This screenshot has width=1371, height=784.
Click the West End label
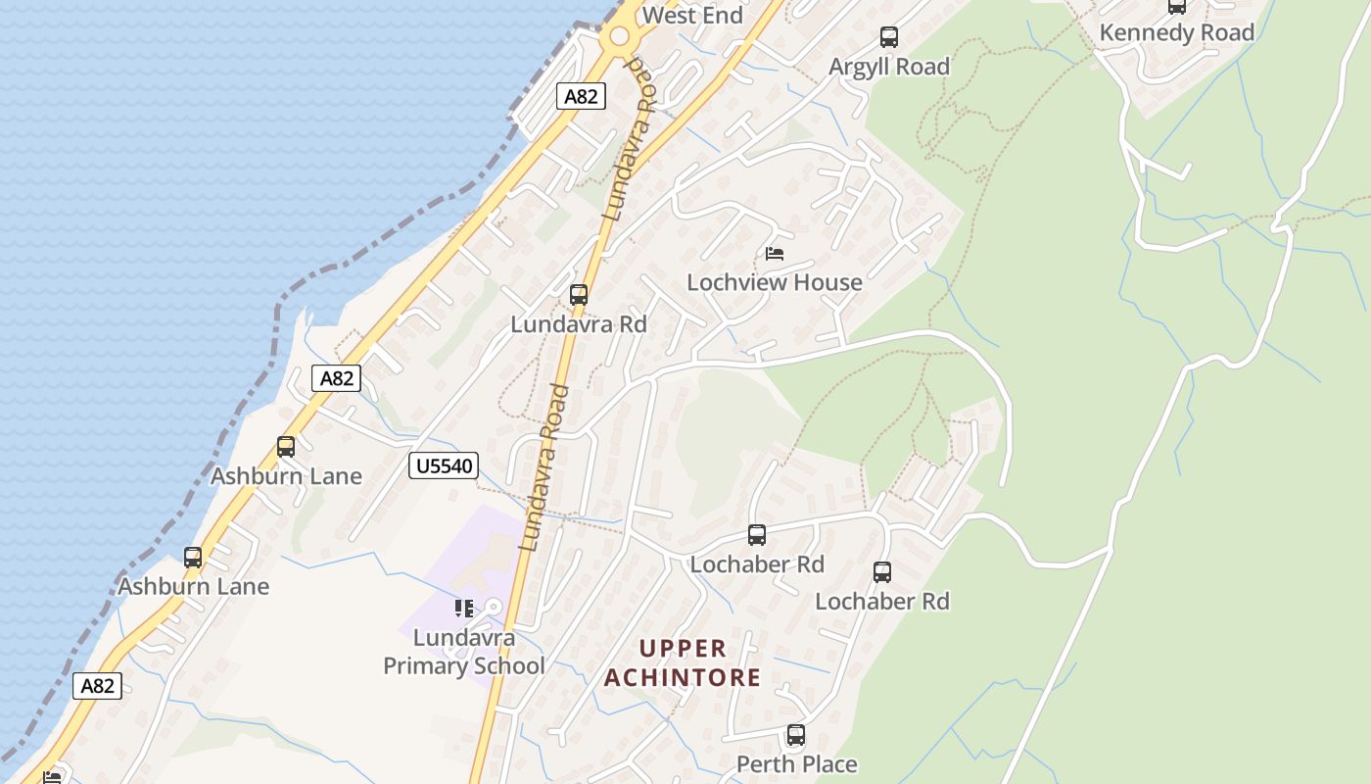[692, 15]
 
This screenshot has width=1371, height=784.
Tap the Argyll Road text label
[889, 67]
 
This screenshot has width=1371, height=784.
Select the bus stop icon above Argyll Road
[889, 37]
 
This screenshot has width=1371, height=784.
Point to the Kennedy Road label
[1176, 32]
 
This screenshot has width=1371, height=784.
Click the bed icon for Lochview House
[775, 254]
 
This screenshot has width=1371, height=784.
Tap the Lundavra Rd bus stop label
[579, 323]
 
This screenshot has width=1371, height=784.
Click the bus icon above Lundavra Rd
[579, 294]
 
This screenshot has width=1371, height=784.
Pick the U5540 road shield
[444, 465]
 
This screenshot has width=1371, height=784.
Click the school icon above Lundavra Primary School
[464, 609]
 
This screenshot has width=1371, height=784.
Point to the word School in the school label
[509, 666]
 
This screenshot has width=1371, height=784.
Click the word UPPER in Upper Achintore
[683, 649]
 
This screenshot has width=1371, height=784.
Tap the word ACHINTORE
[683, 677]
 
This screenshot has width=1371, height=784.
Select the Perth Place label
[796, 763]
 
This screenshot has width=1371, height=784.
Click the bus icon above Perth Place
[796, 734]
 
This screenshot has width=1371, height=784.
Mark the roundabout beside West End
[619, 37]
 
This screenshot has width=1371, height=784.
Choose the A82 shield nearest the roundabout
[581, 96]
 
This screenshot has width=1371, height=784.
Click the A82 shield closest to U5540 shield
[336, 378]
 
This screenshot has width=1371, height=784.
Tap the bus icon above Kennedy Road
[1176, 7]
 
